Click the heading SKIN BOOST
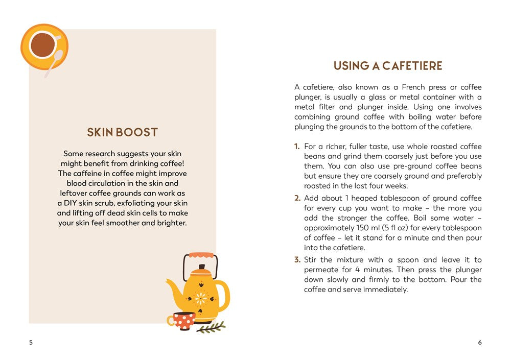[x=122, y=132]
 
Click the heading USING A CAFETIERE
[x=388, y=66]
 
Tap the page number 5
[x=31, y=343]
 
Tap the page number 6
[x=480, y=343]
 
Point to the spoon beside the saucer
[x=55, y=61]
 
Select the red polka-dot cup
[x=183, y=321]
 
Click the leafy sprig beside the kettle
[x=211, y=327]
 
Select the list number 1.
[x=297, y=147]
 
